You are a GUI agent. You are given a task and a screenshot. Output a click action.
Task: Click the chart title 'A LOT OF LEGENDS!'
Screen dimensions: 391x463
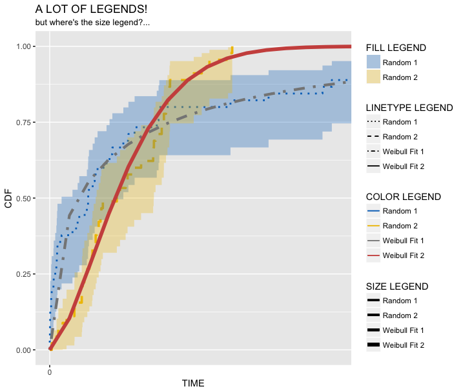coord(91,10)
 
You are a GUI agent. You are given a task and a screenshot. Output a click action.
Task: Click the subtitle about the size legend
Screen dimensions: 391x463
coord(92,23)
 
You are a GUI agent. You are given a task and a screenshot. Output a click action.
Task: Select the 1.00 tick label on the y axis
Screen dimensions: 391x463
coord(23,46)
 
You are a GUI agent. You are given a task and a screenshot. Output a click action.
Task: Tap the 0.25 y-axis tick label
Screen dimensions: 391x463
coord(23,274)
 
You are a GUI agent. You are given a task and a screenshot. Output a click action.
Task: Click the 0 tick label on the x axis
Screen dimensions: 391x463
coord(50,372)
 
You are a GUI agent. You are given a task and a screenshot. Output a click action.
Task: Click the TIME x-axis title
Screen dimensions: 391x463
coord(193,383)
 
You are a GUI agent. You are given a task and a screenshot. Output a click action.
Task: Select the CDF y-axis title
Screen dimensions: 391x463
coord(8,198)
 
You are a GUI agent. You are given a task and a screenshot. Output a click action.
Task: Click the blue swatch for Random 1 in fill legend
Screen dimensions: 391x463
coord(373,62)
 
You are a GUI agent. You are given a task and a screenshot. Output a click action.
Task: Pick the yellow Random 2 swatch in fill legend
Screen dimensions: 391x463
coord(373,77)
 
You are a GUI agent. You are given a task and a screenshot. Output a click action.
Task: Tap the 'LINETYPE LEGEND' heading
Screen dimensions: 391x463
coord(409,107)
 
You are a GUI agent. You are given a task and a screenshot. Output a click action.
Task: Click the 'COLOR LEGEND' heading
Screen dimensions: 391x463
coord(403,197)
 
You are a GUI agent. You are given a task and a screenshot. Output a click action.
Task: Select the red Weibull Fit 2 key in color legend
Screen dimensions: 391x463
coord(373,256)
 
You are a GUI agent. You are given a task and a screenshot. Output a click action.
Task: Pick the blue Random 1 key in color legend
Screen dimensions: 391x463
coord(373,211)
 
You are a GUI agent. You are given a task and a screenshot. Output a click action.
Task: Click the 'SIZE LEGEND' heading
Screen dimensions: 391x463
coord(396,286)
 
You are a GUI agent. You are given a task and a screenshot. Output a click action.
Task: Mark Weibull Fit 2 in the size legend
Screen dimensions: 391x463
coord(403,345)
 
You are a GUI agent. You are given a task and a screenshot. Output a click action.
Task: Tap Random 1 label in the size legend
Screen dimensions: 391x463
coord(400,301)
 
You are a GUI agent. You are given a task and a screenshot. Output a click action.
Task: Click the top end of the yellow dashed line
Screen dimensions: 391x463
coord(232,49)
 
